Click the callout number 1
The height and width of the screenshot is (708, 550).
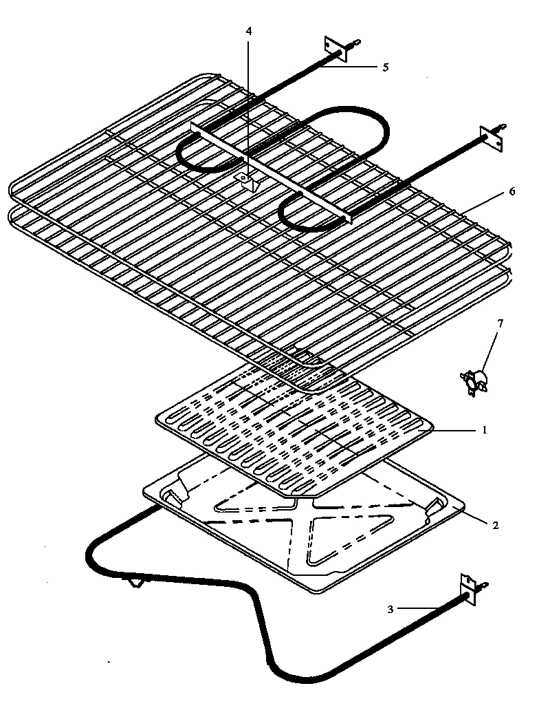click(x=484, y=430)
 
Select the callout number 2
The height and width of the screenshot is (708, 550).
click(x=494, y=524)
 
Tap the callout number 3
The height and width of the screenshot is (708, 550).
click(x=390, y=608)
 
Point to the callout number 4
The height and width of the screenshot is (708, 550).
click(x=250, y=31)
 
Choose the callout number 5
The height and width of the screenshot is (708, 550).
click(x=386, y=67)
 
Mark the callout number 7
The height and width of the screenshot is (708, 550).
click(x=500, y=323)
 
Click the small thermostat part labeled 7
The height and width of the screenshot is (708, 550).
click(x=475, y=379)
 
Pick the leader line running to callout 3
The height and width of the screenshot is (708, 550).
click(x=426, y=608)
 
